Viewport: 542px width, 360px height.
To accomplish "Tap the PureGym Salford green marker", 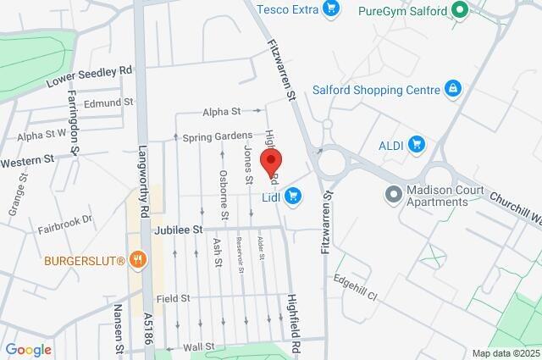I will (x=460, y=10).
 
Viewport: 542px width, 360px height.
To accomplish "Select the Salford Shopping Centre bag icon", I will (x=454, y=89).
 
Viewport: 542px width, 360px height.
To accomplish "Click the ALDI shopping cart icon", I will (x=416, y=144).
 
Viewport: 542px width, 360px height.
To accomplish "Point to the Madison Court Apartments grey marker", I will (x=393, y=195).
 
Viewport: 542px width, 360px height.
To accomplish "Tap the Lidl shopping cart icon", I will (x=293, y=197).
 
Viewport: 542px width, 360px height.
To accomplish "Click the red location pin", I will (x=271, y=161).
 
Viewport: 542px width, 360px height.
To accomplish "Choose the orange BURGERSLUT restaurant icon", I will (x=138, y=260).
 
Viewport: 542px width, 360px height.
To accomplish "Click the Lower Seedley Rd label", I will (x=89, y=75).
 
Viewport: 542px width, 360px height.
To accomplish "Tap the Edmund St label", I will (x=109, y=103).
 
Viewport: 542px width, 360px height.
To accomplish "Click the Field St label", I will (x=173, y=298).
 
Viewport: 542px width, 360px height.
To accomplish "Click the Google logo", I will (x=28, y=349).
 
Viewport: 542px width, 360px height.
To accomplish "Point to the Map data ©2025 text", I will (x=506, y=353).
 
